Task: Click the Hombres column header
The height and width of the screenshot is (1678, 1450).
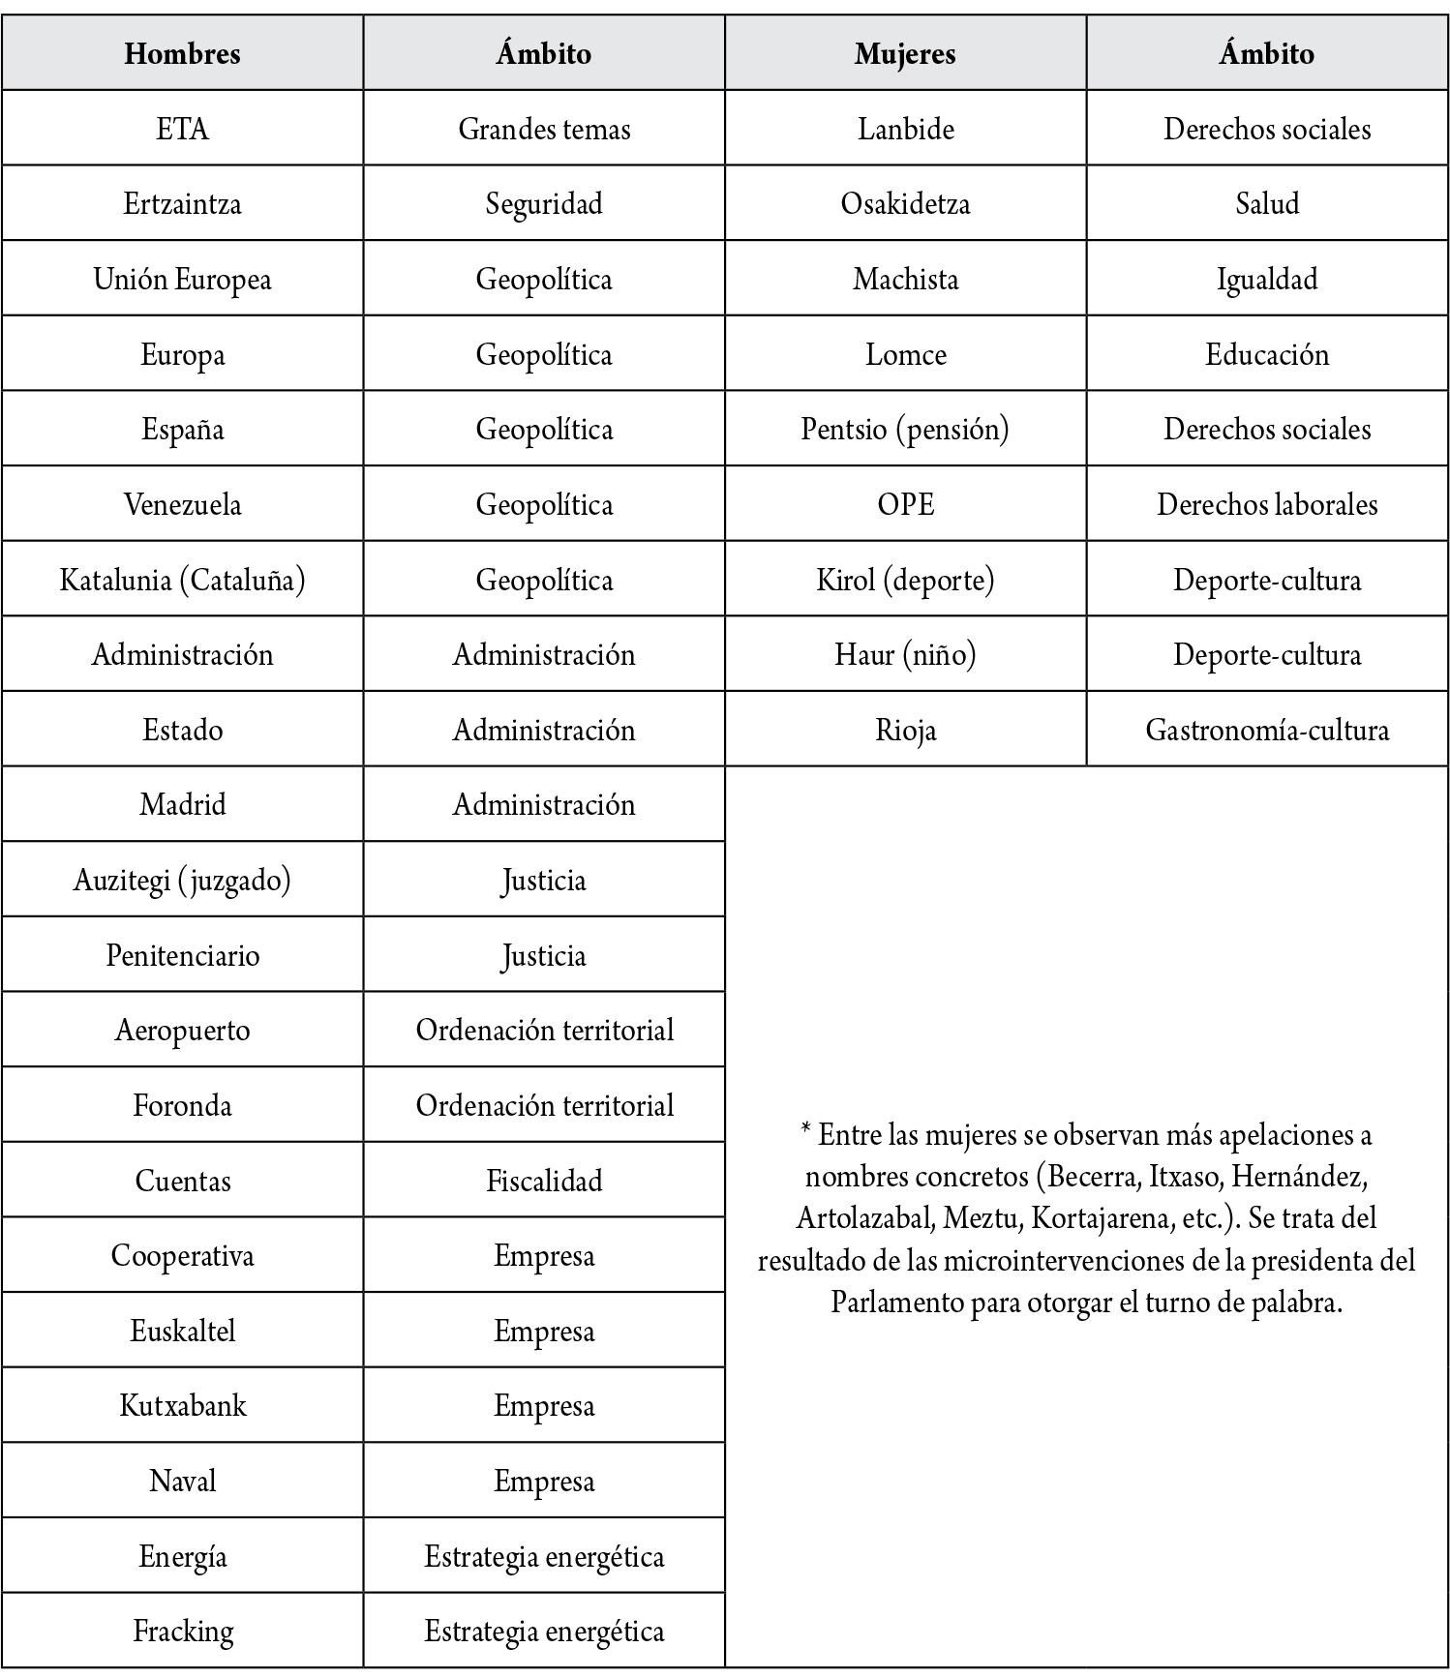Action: click(182, 53)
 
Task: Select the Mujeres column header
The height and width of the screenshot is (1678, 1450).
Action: click(905, 53)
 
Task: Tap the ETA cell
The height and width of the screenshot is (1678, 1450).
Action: click(182, 129)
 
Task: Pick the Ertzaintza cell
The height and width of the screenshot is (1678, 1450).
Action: click(182, 204)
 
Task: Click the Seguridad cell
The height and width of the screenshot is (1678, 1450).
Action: click(544, 204)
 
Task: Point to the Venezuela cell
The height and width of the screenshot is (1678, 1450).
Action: click(182, 504)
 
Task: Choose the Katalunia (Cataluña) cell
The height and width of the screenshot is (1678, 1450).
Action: click(182, 580)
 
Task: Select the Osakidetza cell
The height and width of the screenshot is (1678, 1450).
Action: click(905, 204)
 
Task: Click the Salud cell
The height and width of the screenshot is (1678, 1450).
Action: click(1267, 204)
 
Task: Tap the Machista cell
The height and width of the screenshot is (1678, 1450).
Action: click(905, 280)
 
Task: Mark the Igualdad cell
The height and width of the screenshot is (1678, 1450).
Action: click(1267, 280)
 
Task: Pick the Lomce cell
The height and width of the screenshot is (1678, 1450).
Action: click(905, 354)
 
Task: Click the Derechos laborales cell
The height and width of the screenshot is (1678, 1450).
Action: click(1267, 504)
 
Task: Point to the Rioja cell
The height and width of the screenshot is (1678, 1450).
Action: click(905, 730)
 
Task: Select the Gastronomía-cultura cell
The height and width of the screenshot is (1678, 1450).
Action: click(1267, 730)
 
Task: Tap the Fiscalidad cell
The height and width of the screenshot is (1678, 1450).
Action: click(544, 1181)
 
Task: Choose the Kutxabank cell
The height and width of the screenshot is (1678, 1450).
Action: click(182, 1405)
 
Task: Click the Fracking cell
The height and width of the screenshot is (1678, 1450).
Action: click(182, 1631)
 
